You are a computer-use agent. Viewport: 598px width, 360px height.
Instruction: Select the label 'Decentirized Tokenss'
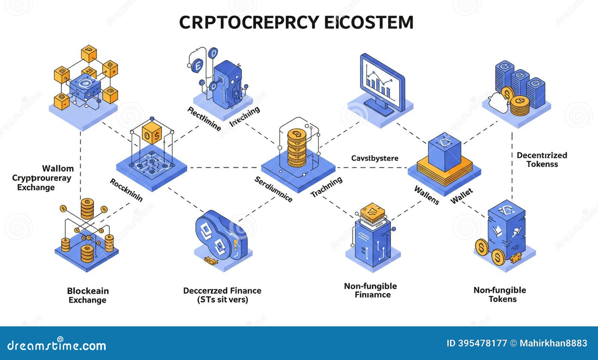[542, 160]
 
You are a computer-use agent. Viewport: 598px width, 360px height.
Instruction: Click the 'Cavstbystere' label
[374, 158]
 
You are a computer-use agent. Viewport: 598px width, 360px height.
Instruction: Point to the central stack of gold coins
[297, 148]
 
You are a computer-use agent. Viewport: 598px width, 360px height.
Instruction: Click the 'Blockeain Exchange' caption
[88, 295]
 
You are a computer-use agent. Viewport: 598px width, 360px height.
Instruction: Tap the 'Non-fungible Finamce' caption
[370, 290]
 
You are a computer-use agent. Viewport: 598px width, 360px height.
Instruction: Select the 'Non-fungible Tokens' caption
[500, 295]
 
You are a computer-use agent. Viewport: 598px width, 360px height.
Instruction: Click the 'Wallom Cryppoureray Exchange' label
[41, 178]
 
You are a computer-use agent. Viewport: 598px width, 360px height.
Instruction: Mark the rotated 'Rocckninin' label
[126, 190]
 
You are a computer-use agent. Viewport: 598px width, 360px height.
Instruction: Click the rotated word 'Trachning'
[326, 187]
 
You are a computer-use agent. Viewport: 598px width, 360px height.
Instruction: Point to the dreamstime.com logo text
[57, 345]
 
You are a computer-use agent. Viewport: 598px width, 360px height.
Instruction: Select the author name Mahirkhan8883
[553, 343]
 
